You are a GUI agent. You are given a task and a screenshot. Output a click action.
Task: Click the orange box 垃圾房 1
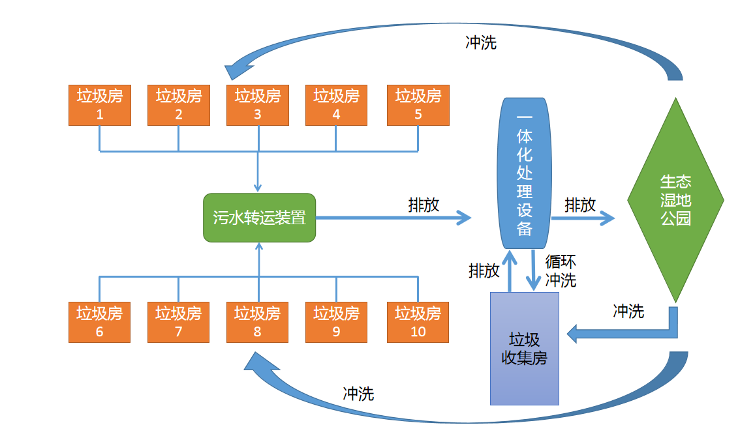click(x=100, y=104)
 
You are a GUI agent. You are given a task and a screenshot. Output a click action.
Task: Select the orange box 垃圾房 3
click(x=257, y=104)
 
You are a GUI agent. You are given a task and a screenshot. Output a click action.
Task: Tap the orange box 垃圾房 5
click(x=418, y=104)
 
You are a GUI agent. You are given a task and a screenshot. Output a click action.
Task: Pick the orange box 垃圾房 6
click(x=100, y=322)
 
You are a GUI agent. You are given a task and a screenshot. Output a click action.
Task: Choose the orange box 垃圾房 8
click(x=257, y=322)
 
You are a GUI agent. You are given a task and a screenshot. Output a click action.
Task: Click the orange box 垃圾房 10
click(x=418, y=322)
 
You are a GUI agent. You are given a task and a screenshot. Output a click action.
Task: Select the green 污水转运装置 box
click(x=259, y=218)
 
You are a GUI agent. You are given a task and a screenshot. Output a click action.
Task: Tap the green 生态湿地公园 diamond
click(x=675, y=199)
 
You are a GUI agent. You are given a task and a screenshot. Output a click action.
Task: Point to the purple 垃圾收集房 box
click(x=524, y=349)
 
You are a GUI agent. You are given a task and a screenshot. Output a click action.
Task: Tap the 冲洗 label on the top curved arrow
click(x=481, y=42)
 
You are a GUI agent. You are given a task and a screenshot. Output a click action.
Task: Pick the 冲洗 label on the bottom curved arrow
click(x=358, y=394)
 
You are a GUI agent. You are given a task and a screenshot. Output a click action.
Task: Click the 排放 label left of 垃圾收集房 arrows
click(x=484, y=270)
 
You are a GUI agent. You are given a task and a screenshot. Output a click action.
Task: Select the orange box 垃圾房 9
click(x=336, y=322)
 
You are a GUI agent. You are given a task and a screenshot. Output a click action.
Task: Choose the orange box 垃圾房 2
click(x=178, y=104)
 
